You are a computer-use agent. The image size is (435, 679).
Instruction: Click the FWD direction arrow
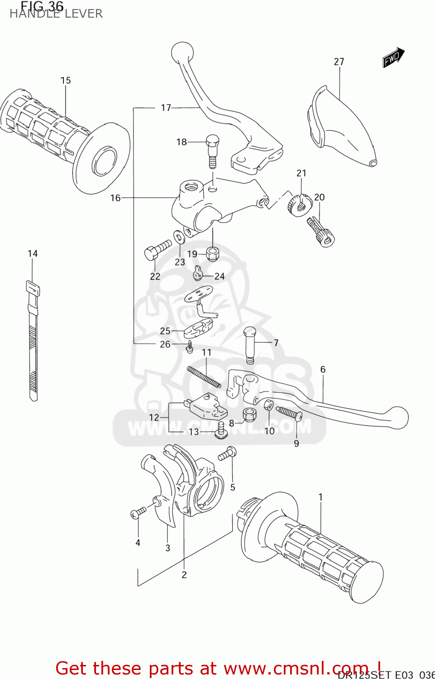click(393, 57)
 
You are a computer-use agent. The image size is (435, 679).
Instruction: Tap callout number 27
click(339, 62)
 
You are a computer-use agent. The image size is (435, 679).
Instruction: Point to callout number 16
click(115, 198)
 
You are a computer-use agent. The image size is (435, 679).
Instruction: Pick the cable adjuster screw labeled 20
click(320, 232)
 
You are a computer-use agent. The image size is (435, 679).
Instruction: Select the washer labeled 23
click(179, 237)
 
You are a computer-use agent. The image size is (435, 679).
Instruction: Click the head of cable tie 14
click(33, 288)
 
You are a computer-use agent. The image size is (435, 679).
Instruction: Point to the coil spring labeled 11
click(204, 377)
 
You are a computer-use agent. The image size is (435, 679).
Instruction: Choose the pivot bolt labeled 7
click(250, 344)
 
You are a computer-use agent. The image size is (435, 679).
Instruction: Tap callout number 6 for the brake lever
click(323, 369)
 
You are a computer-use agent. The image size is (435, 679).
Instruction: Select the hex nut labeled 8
click(249, 414)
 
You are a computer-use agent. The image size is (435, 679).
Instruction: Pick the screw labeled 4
click(138, 513)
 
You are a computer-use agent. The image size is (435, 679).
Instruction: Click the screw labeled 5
click(227, 453)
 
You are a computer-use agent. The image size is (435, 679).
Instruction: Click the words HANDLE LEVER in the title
click(56, 14)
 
